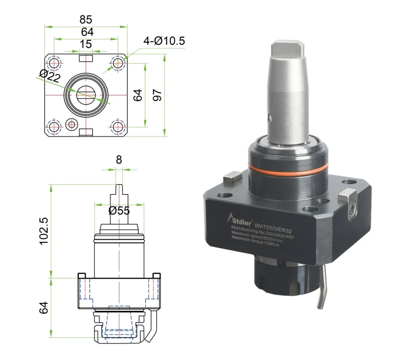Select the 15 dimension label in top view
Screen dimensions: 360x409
point(85,44)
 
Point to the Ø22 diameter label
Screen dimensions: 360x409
point(49,77)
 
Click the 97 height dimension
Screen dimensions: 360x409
point(158,94)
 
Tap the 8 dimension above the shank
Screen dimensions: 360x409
point(118,159)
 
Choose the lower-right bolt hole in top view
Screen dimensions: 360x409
point(117,126)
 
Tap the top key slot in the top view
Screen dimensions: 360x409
point(85,58)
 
